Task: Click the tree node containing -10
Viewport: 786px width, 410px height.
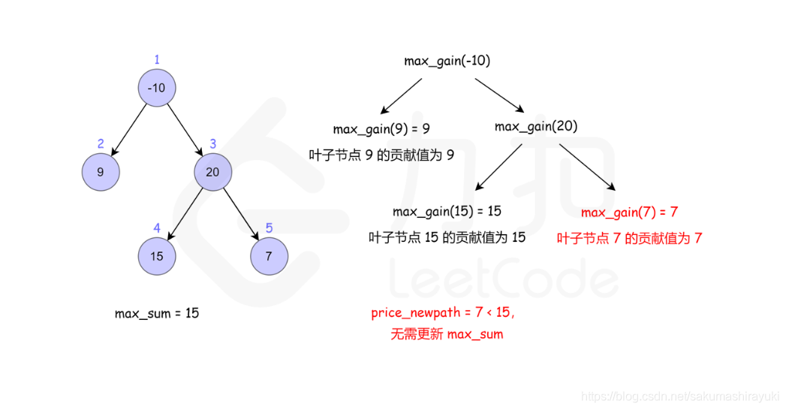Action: (156, 88)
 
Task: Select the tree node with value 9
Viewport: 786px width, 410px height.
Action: (101, 172)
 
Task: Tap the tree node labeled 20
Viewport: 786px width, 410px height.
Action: (212, 172)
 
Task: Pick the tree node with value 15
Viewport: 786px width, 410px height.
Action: (156, 256)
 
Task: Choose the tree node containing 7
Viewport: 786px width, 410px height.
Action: (269, 256)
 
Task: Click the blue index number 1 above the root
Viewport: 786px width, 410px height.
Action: (156, 59)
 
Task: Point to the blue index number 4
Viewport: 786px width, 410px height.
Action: (156, 228)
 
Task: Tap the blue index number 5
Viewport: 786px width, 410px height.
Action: (269, 228)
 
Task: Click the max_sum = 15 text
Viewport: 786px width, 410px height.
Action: (157, 313)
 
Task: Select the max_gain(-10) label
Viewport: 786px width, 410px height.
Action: (447, 61)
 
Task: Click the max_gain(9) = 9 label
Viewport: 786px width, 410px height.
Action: (381, 129)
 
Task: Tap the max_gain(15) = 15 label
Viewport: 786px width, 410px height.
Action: (447, 212)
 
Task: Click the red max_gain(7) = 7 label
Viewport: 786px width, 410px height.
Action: (629, 213)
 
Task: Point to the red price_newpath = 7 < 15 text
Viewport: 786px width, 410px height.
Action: (443, 313)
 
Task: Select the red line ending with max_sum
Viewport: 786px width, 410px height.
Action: (447, 334)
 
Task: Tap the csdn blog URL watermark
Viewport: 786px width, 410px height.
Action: (682, 396)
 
